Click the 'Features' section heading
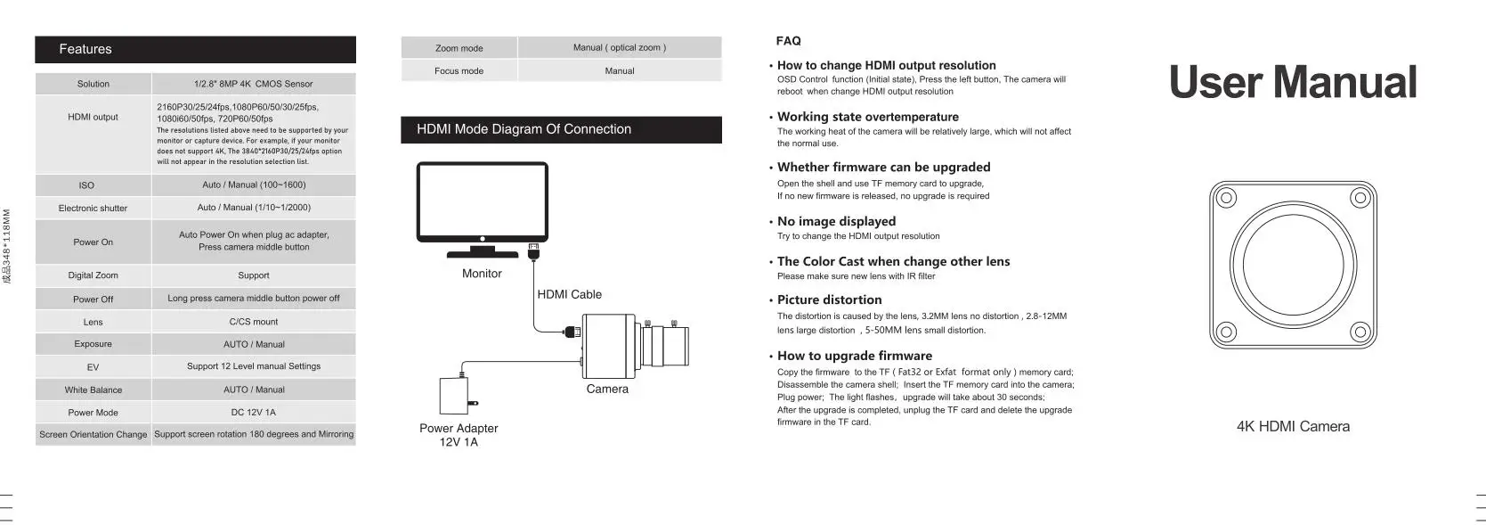click(x=85, y=49)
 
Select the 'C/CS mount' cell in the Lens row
click(x=254, y=322)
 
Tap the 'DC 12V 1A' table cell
click(x=254, y=413)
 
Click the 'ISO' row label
click(x=86, y=185)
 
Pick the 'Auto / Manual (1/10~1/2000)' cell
click(x=254, y=208)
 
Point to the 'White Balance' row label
click(x=93, y=390)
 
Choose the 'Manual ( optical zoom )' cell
click(x=619, y=48)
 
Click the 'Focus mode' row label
click(x=459, y=71)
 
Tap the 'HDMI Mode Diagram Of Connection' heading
click(x=524, y=129)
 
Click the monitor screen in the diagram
click(x=482, y=200)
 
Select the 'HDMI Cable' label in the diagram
click(x=569, y=294)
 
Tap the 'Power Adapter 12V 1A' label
click(x=459, y=435)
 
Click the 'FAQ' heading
click(x=788, y=41)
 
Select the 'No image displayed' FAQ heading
click(x=836, y=221)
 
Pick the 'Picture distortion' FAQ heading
click(x=829, y=299)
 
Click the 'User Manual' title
click(x=1292, y=82)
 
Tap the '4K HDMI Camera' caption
click(x=1293, y=427)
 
